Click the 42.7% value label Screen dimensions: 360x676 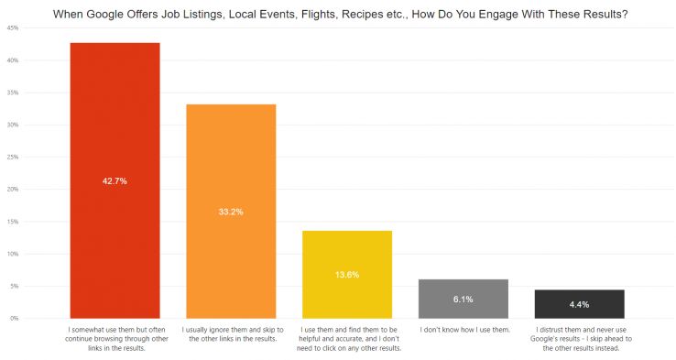coord(114,181)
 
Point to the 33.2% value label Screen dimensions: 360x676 coord(231,212)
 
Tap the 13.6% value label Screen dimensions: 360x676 coord(347,274)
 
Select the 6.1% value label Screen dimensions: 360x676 coord(463,299)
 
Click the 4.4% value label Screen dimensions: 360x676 coord(579,304)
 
